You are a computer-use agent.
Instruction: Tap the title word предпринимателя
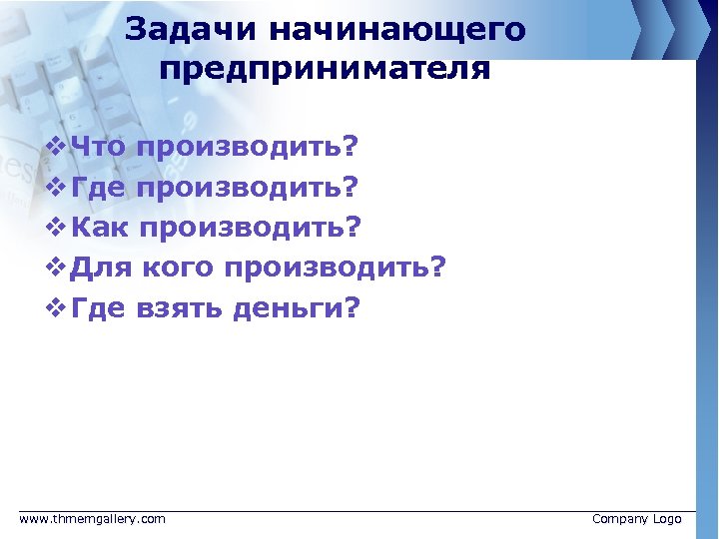[x=325, y=69]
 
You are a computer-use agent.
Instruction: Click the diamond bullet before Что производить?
[x=55, y=148]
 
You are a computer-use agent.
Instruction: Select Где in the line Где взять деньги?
[x=99, y=309]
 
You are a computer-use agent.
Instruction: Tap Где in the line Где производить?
[x=99, y=188]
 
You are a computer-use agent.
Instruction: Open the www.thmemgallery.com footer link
[x=93, y=519]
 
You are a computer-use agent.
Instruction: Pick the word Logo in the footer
[x=667, y=519]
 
